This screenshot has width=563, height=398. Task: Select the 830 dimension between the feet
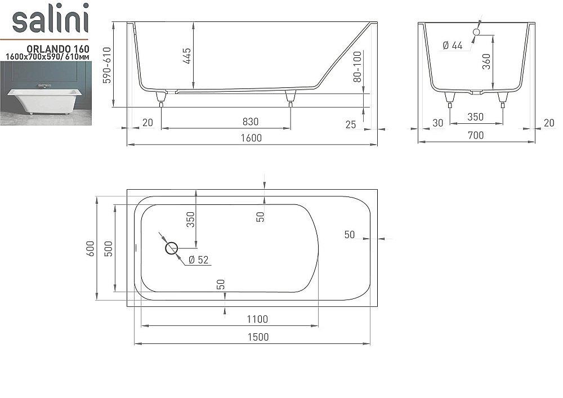(x=250, y=122)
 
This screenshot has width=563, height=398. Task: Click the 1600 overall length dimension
(x=251, y=138)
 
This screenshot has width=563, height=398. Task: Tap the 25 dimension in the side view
(x=351, y=124)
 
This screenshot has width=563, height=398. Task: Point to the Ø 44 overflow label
(x=452, y=46)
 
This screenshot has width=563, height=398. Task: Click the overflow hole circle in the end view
(x=476, y=32)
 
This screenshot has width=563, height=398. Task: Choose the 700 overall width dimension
(x=476, y=135)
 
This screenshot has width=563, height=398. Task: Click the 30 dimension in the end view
(x=437, y=123)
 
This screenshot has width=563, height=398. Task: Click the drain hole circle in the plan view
(x=171, y=248)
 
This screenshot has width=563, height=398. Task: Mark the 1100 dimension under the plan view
(x=257, y=319)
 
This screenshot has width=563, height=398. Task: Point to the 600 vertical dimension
(x=91, y=248)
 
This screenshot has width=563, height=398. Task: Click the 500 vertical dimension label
(x=109, y=248)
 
